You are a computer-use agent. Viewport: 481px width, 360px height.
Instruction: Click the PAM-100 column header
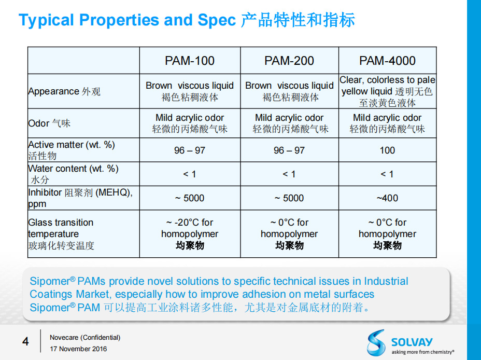click(x=190, y=61)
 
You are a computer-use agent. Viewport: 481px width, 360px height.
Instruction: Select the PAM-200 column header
click(x=289, y=61)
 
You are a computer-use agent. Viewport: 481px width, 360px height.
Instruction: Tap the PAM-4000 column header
click(x=387, y=61)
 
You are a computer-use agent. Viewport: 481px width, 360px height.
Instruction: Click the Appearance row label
click(x=64, y=92)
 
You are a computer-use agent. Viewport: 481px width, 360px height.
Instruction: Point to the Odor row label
click(x=49, y=123)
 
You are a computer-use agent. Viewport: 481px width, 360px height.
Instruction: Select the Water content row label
click(x=73, y=174)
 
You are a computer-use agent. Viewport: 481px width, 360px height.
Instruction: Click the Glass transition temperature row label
click(x=61, y=234)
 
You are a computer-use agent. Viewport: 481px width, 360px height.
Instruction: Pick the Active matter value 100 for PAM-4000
click(x=387, y=150)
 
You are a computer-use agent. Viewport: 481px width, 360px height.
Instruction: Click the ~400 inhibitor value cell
click(x=387, y=198)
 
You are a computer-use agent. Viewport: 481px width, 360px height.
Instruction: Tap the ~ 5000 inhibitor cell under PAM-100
click(x=190, y=198)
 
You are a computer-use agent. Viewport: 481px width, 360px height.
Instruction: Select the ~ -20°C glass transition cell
click(x=190, y=234)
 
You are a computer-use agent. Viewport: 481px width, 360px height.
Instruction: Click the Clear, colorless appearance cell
click(x=387, y=91)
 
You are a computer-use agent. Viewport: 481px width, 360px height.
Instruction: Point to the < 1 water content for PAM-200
click(x=289, y=174)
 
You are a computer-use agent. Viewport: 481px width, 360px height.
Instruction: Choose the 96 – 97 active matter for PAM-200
click(x=289, y=150)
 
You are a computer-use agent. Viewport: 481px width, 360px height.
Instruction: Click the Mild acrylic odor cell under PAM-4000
click(x=387, y=123)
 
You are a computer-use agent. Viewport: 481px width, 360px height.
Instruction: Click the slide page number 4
click(x=25, y=341)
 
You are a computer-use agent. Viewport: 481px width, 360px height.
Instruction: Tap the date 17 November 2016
click(x=78, y=349)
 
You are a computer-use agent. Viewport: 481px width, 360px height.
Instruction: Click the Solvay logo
click(x=409, y=342)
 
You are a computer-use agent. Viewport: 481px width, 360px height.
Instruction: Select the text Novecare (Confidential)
click(x=85, y=337)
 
